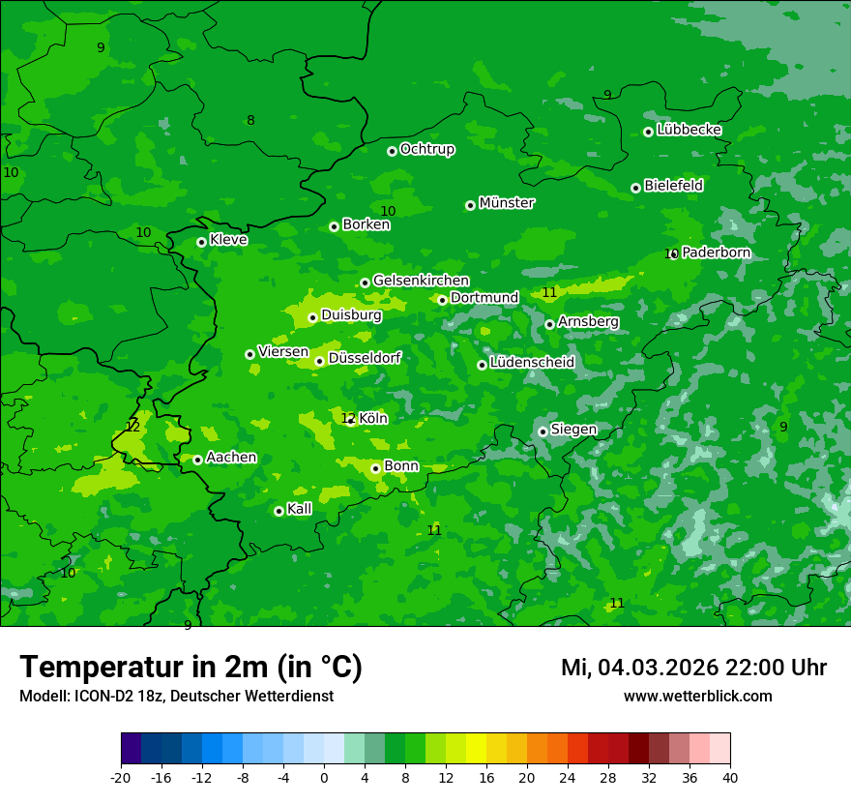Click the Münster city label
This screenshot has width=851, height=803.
pyautogui.click(x=507, y=203)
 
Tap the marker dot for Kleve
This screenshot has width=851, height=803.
pyautogui.click(x=201, y=242)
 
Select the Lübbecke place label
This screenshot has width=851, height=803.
pyautogui.click(x=689, y=130)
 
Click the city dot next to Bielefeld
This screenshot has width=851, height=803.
pyautogui.click(x=635, y=188)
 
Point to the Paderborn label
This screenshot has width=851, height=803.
pyautogui.click(x=716, y=253)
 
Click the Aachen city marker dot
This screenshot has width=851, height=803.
pyautogui.click(x=197, y=460)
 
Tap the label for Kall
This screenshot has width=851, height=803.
pyautogui.click(x=299, y=509)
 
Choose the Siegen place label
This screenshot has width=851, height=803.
pyautogui.click(x=573, y=430)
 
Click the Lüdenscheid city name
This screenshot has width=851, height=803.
pyautogui.click(x=532, y=363)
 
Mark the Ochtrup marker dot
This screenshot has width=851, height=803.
pyautogui.click(x=392, y=151)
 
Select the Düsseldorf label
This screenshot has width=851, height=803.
pyautogui.click(x=365, y=358)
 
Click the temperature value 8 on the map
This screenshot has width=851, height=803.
pyautogui.click(x=250, y=121)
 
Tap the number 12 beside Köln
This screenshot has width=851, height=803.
pyautogui.click(x=347, y=418)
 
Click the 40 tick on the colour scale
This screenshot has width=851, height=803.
pyautogui.click(x=729, y=777)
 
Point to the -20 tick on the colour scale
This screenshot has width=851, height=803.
pyautogui.click(x=121, y=777)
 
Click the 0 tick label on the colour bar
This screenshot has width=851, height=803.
pyautogui.click(x=324, y=777)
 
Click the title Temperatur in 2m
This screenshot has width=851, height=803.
pyautogui.click(x=191, y=667)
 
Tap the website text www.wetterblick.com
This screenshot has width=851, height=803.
pyautogui.click(x=697, y=696)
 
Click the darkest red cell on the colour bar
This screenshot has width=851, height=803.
pyautogui.click(x=638, y=749)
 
